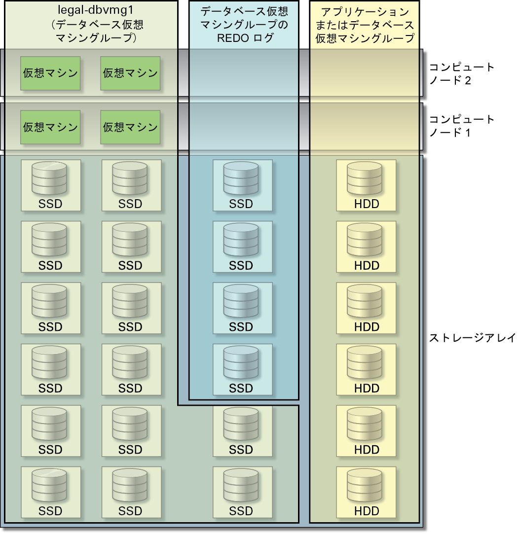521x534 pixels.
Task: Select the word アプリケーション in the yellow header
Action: (365, 11)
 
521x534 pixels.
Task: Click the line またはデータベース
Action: (365, 25)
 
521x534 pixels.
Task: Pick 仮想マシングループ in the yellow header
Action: (365, 38)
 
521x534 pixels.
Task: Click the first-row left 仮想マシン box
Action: (50, 73)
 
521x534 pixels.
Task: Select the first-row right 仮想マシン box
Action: (130, 73)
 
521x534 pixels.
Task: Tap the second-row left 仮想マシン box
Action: (50, 127)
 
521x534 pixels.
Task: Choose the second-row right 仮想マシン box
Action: (130, 127)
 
